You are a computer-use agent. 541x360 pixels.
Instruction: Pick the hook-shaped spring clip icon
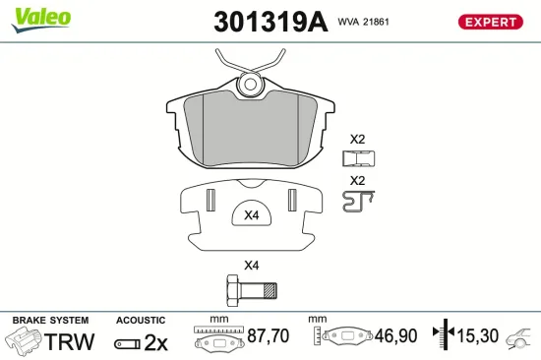pos(359,201)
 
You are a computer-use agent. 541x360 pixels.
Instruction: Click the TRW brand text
pos(71,341)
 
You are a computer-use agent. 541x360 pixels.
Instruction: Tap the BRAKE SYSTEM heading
pos(49,321)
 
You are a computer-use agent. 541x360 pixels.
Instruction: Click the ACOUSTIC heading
pos(142,321)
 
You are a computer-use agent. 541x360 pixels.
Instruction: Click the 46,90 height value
pos(394,336)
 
